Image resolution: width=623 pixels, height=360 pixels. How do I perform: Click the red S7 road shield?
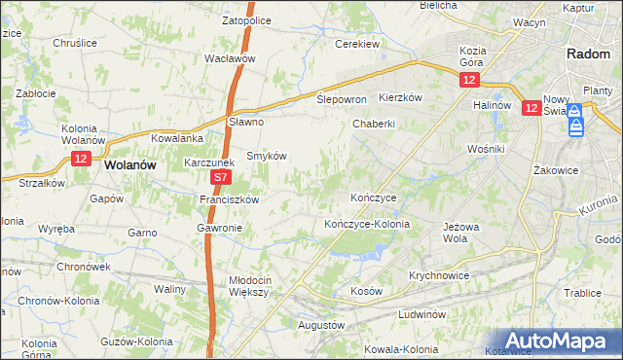[x=221, y=178]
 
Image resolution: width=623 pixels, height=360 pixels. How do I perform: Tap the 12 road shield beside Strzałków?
[x=80, y=158]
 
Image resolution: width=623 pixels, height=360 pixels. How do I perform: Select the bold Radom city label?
[x=588, y=55]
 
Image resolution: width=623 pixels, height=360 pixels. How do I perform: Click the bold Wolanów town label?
[x=130, y=165]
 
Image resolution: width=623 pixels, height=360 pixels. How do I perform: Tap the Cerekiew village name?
[x=356, y=44]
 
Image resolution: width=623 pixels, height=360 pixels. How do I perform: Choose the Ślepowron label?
[x=342, y=100]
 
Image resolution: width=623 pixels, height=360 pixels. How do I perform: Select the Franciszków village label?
[x=228, y=199]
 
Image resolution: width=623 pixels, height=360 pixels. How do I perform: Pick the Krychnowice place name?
[x=439, y=275]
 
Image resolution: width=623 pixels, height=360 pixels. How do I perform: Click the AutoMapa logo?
[x=551, y=342]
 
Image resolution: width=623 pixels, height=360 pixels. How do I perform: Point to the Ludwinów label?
[x=421, y=315]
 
